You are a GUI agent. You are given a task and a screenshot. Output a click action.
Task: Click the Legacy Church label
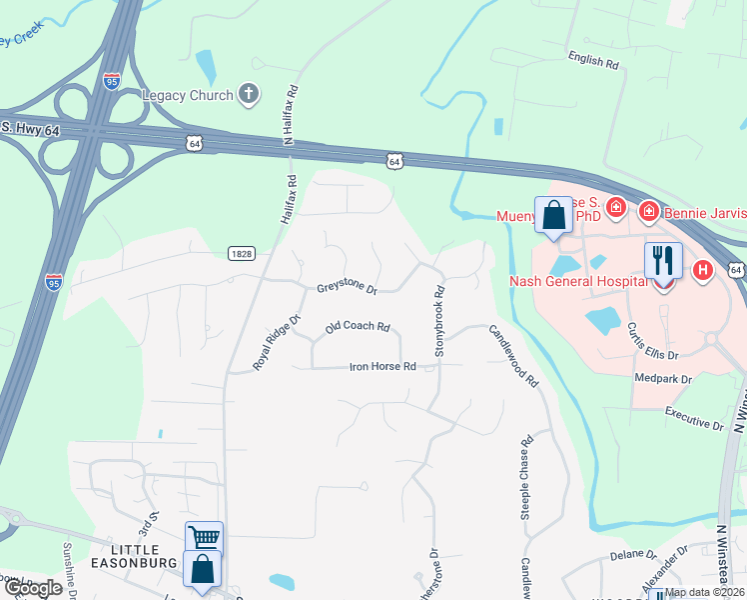coord(187,96)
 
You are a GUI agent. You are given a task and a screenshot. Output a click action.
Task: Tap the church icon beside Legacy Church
coord(249,95)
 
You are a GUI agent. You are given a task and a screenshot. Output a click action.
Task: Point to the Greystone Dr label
coord(347,289)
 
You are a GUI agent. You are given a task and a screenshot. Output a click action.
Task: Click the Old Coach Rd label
coord(357,328)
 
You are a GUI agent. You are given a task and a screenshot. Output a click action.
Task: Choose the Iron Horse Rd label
coord(382,367)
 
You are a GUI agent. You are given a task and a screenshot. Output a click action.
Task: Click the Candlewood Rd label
coord(514,355)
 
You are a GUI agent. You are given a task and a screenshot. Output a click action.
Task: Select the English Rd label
coord(593,60)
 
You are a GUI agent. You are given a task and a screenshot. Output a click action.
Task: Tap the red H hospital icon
coord(703,269)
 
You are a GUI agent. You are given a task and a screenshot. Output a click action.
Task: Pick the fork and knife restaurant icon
coord(663,261)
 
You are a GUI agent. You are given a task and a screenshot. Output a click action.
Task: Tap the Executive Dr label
coord(693,418)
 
